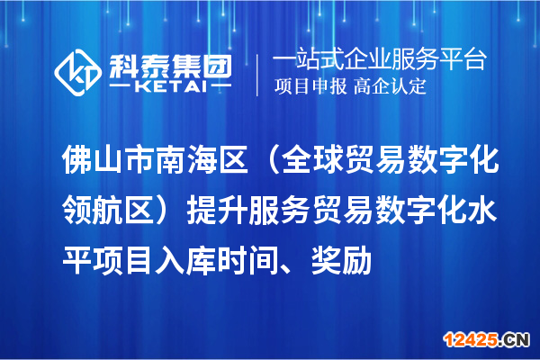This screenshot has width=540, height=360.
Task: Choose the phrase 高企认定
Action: coord(390,87)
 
